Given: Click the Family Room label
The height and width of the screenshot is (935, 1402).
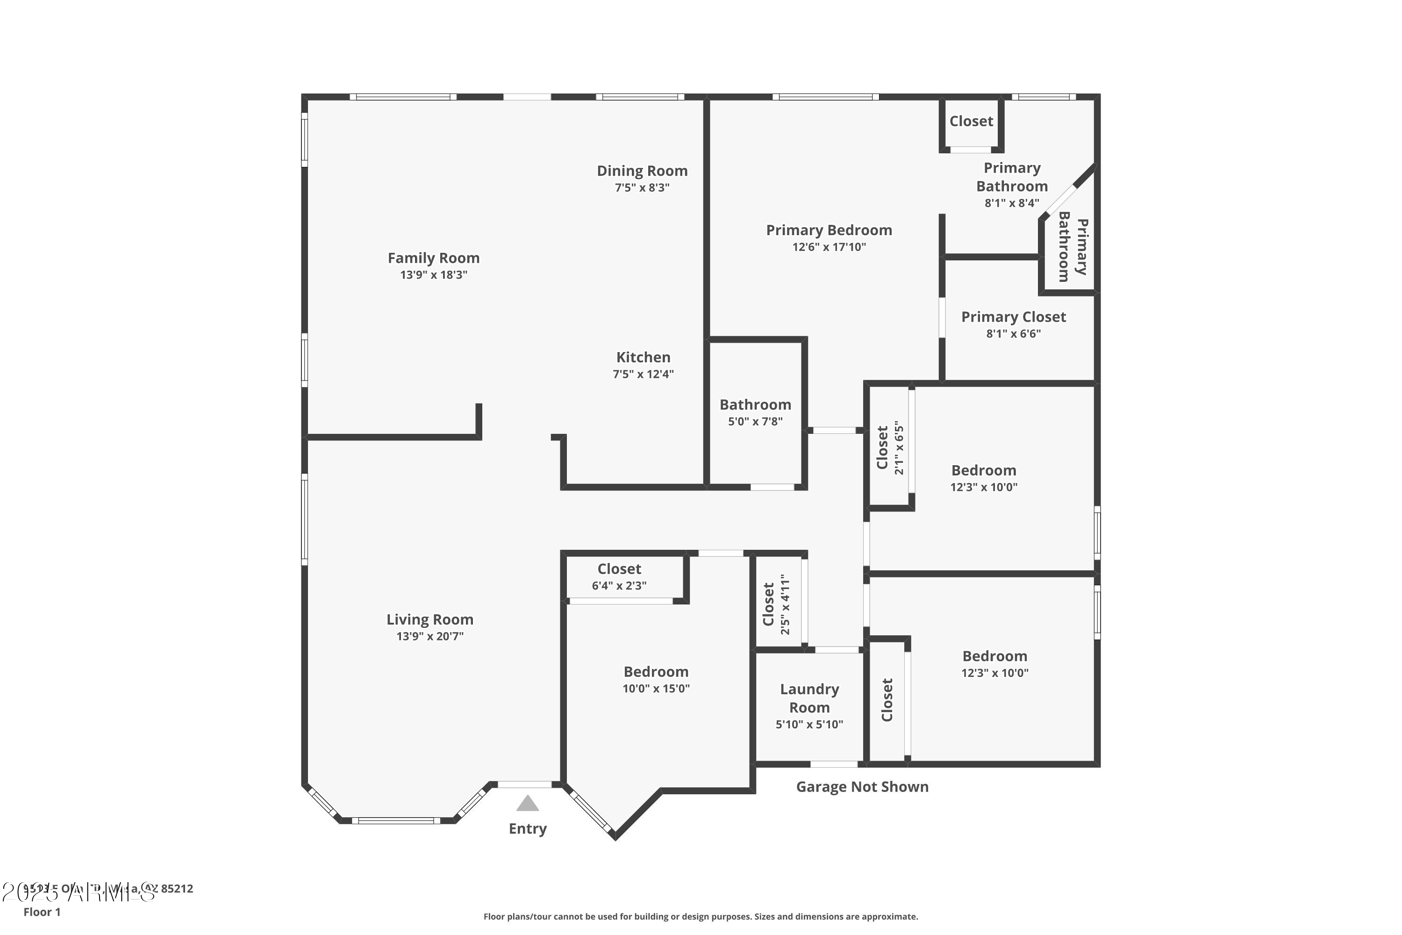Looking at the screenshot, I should [433, 258].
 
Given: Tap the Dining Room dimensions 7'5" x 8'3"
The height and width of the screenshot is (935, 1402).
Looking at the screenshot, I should [642, 188].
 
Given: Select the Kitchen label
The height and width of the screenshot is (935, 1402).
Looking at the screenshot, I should [643, 357].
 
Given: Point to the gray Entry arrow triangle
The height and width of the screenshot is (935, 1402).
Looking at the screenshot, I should [528, 804].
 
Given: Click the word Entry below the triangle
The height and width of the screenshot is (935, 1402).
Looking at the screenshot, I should [528, 828].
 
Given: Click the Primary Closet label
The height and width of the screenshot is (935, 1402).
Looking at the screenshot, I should [1013, 316].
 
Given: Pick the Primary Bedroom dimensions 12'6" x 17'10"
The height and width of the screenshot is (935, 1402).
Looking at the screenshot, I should [829, 247].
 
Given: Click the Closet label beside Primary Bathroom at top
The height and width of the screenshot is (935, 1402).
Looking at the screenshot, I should [971, 121].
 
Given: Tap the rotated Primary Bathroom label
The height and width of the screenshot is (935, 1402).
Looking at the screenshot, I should [1073, 246].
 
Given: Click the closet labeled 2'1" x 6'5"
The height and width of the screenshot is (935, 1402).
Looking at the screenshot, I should [890, 447].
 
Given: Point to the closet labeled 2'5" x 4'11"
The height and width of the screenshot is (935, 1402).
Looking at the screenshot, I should [776, 604].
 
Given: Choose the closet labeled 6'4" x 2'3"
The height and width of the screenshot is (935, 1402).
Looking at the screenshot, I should [619, 576].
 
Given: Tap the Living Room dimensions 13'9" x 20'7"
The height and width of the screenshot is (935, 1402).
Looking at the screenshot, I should [430, 636].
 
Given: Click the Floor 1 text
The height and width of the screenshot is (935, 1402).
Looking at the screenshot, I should [42, 912].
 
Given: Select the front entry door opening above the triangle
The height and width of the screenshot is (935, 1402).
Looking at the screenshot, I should [524, 784].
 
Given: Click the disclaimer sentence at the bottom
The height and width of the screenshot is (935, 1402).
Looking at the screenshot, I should [701, 916].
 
